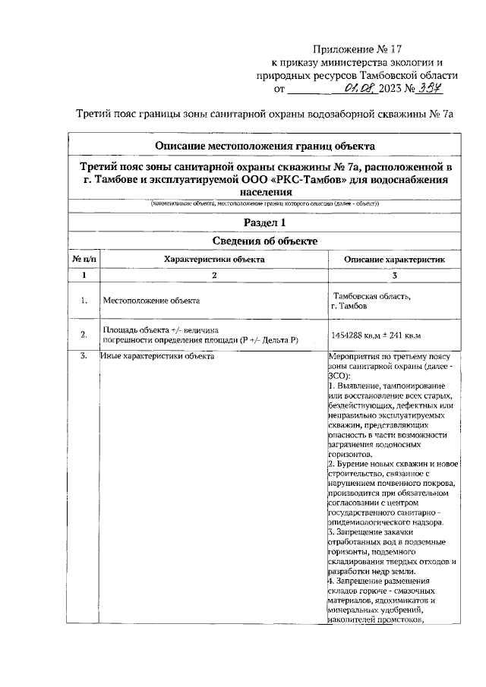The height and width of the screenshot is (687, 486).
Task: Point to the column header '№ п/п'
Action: tap(84, 259)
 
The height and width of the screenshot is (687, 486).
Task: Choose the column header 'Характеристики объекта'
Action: tap(215, 259)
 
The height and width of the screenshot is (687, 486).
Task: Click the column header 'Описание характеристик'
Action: tap(394, 259)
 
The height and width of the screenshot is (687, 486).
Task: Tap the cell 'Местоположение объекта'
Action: tap(151, 301)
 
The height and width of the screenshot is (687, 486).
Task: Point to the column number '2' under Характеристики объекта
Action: tap(215, 275)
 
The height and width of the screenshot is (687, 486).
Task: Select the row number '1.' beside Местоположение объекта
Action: tap(84, 301)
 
